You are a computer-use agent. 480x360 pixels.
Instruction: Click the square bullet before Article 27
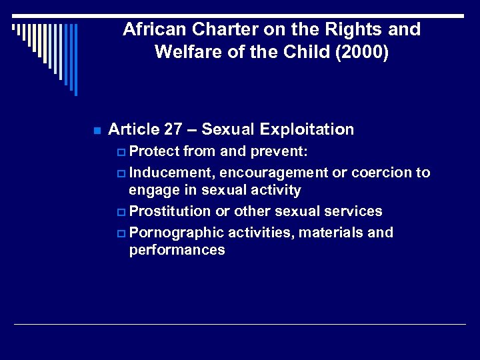coord(97,130)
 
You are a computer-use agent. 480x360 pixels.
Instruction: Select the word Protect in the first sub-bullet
coord(154,152)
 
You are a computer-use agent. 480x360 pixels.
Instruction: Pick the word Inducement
coord(171,173)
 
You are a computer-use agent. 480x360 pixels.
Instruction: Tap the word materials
coord(328,233)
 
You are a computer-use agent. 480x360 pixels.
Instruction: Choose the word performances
coord(177,250)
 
